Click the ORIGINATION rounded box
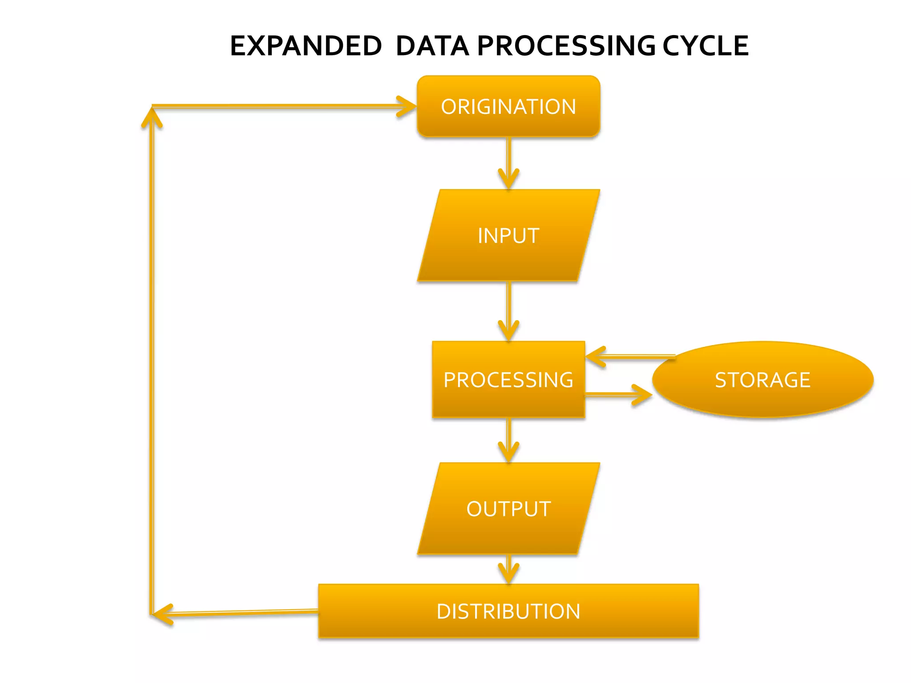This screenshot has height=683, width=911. pos(508,106)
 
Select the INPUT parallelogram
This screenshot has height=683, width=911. pos(508,235)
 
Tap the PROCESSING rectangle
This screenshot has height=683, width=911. pos(508,380)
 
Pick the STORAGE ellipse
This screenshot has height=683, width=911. pos(762,380)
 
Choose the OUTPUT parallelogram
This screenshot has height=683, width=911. pos(508,509)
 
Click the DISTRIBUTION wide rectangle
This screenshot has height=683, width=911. pos(508,611)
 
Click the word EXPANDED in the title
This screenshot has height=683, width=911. pos(306,46)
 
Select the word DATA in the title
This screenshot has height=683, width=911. pos(432,46)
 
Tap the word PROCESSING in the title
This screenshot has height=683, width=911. pos(566,46)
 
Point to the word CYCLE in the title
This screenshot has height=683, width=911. pos(705,46)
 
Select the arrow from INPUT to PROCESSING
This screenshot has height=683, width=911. pos(508,311)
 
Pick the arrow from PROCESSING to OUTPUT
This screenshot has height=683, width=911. pos(508,440)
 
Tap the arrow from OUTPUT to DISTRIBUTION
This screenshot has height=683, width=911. pos(508,569)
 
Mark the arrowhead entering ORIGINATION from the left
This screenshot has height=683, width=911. pos(407,106)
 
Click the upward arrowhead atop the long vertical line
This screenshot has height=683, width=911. pos(152,117)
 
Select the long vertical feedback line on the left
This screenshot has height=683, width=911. pos(152,356)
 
